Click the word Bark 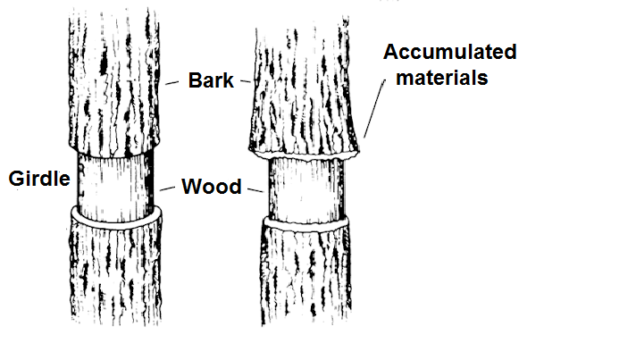click(x=211, y=81)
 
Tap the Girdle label click(x=38, y=179)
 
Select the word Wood click(x=211, y=188)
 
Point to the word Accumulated click(x=450, y=52)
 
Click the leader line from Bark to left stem click(x=174, y=82)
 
